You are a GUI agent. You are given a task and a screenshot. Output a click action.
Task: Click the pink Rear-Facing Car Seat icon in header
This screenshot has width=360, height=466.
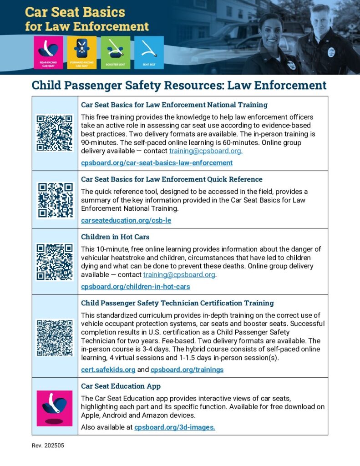(48, 52)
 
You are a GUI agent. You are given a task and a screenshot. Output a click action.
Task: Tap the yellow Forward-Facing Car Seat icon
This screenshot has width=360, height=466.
(81, 52)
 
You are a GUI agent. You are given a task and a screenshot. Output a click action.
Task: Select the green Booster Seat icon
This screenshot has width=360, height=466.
(115, 52)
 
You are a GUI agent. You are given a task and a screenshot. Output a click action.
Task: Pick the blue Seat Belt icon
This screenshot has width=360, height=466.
(149, 52)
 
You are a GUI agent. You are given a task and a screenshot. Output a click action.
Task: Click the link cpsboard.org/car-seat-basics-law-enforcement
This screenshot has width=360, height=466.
(157, 162)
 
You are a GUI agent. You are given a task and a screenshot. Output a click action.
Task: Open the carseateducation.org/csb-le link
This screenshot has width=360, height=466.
(126, 220)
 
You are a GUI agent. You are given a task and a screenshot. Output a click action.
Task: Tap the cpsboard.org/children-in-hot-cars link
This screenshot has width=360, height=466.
(135, 287)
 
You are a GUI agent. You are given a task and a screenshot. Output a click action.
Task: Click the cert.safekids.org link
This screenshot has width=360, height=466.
(108, 370)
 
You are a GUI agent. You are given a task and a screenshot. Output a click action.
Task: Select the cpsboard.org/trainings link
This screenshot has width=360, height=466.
(187, 370)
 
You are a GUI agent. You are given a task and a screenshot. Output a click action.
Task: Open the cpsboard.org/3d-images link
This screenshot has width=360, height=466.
(175, 427)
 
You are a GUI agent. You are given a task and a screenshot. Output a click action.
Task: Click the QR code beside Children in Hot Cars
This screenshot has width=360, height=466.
(55, 262)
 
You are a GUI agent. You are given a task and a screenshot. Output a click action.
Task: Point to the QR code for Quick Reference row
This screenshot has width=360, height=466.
(55, 200)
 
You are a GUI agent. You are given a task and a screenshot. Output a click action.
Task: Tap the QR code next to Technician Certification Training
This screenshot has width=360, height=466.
(55, 338)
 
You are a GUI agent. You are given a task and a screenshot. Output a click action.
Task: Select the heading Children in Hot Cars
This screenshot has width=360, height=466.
(115, 237)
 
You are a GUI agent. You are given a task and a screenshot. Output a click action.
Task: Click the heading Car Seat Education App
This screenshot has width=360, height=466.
(121, 386)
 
